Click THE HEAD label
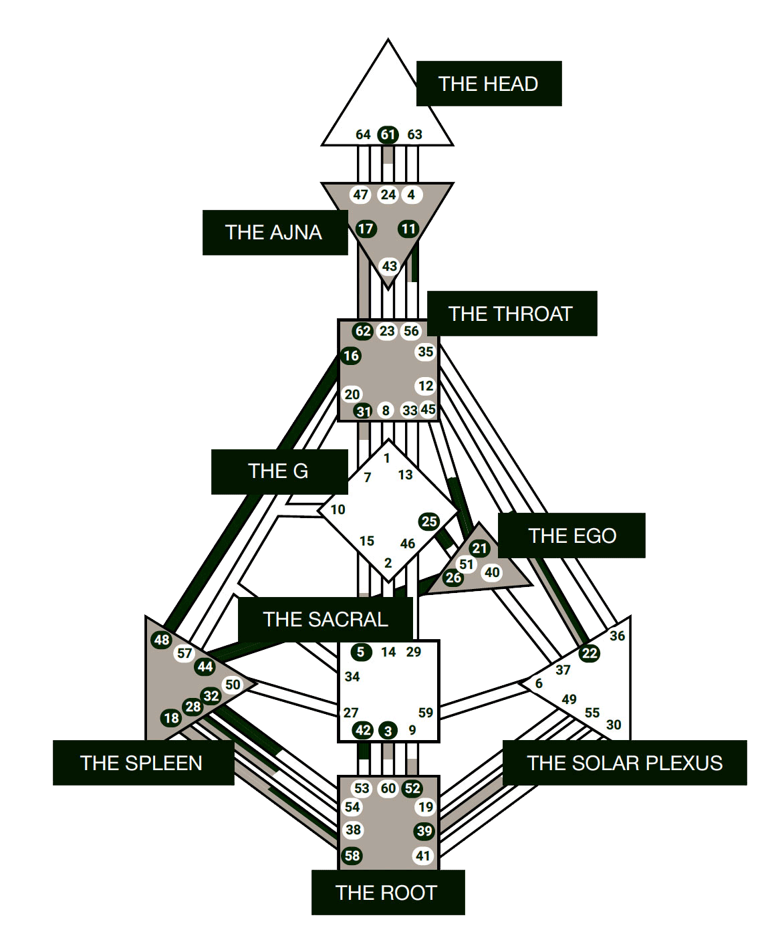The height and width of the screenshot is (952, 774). [489, 84]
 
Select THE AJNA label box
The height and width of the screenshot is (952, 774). [275, 232]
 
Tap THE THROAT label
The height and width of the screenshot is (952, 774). [511, 314]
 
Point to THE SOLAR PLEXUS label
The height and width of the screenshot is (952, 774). [624, 763]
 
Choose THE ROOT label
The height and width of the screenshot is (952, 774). [387, 892]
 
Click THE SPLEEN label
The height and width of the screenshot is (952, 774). [142, 763]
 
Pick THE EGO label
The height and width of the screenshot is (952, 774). [571, 535]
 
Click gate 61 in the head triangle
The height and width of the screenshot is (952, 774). [388, 134]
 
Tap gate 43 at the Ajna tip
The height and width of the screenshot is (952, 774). [389, 266]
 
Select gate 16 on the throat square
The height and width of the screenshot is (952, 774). [351, 356]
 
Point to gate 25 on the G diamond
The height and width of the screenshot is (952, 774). [429, 521]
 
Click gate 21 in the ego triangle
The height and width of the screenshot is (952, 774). [480, 548]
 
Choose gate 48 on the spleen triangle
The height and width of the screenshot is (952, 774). [162, 640]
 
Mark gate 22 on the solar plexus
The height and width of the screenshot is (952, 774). [589, 653]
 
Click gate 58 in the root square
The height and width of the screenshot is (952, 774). [352, 855]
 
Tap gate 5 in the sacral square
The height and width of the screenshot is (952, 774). [361, 652]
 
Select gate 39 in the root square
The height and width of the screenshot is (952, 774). [424, 831]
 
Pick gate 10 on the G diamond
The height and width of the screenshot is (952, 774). [338, 509]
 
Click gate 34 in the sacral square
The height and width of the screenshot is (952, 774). [352, 677]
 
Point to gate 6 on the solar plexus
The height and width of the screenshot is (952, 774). [539, 683]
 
